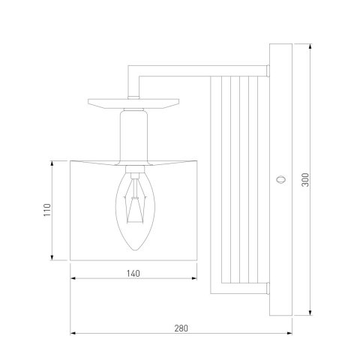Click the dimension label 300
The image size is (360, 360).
pos(305,180)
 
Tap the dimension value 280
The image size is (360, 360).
pos(181,328)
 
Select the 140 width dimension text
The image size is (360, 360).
pos(133,274)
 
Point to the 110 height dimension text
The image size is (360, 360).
pos(47,210)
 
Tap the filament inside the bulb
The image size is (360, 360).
pos(135,202)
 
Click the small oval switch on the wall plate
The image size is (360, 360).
pos(281,180)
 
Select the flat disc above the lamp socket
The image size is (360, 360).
pos(133,103)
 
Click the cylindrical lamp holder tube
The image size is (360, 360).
pos(133,136)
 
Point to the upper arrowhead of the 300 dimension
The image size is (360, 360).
pos(310,46)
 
